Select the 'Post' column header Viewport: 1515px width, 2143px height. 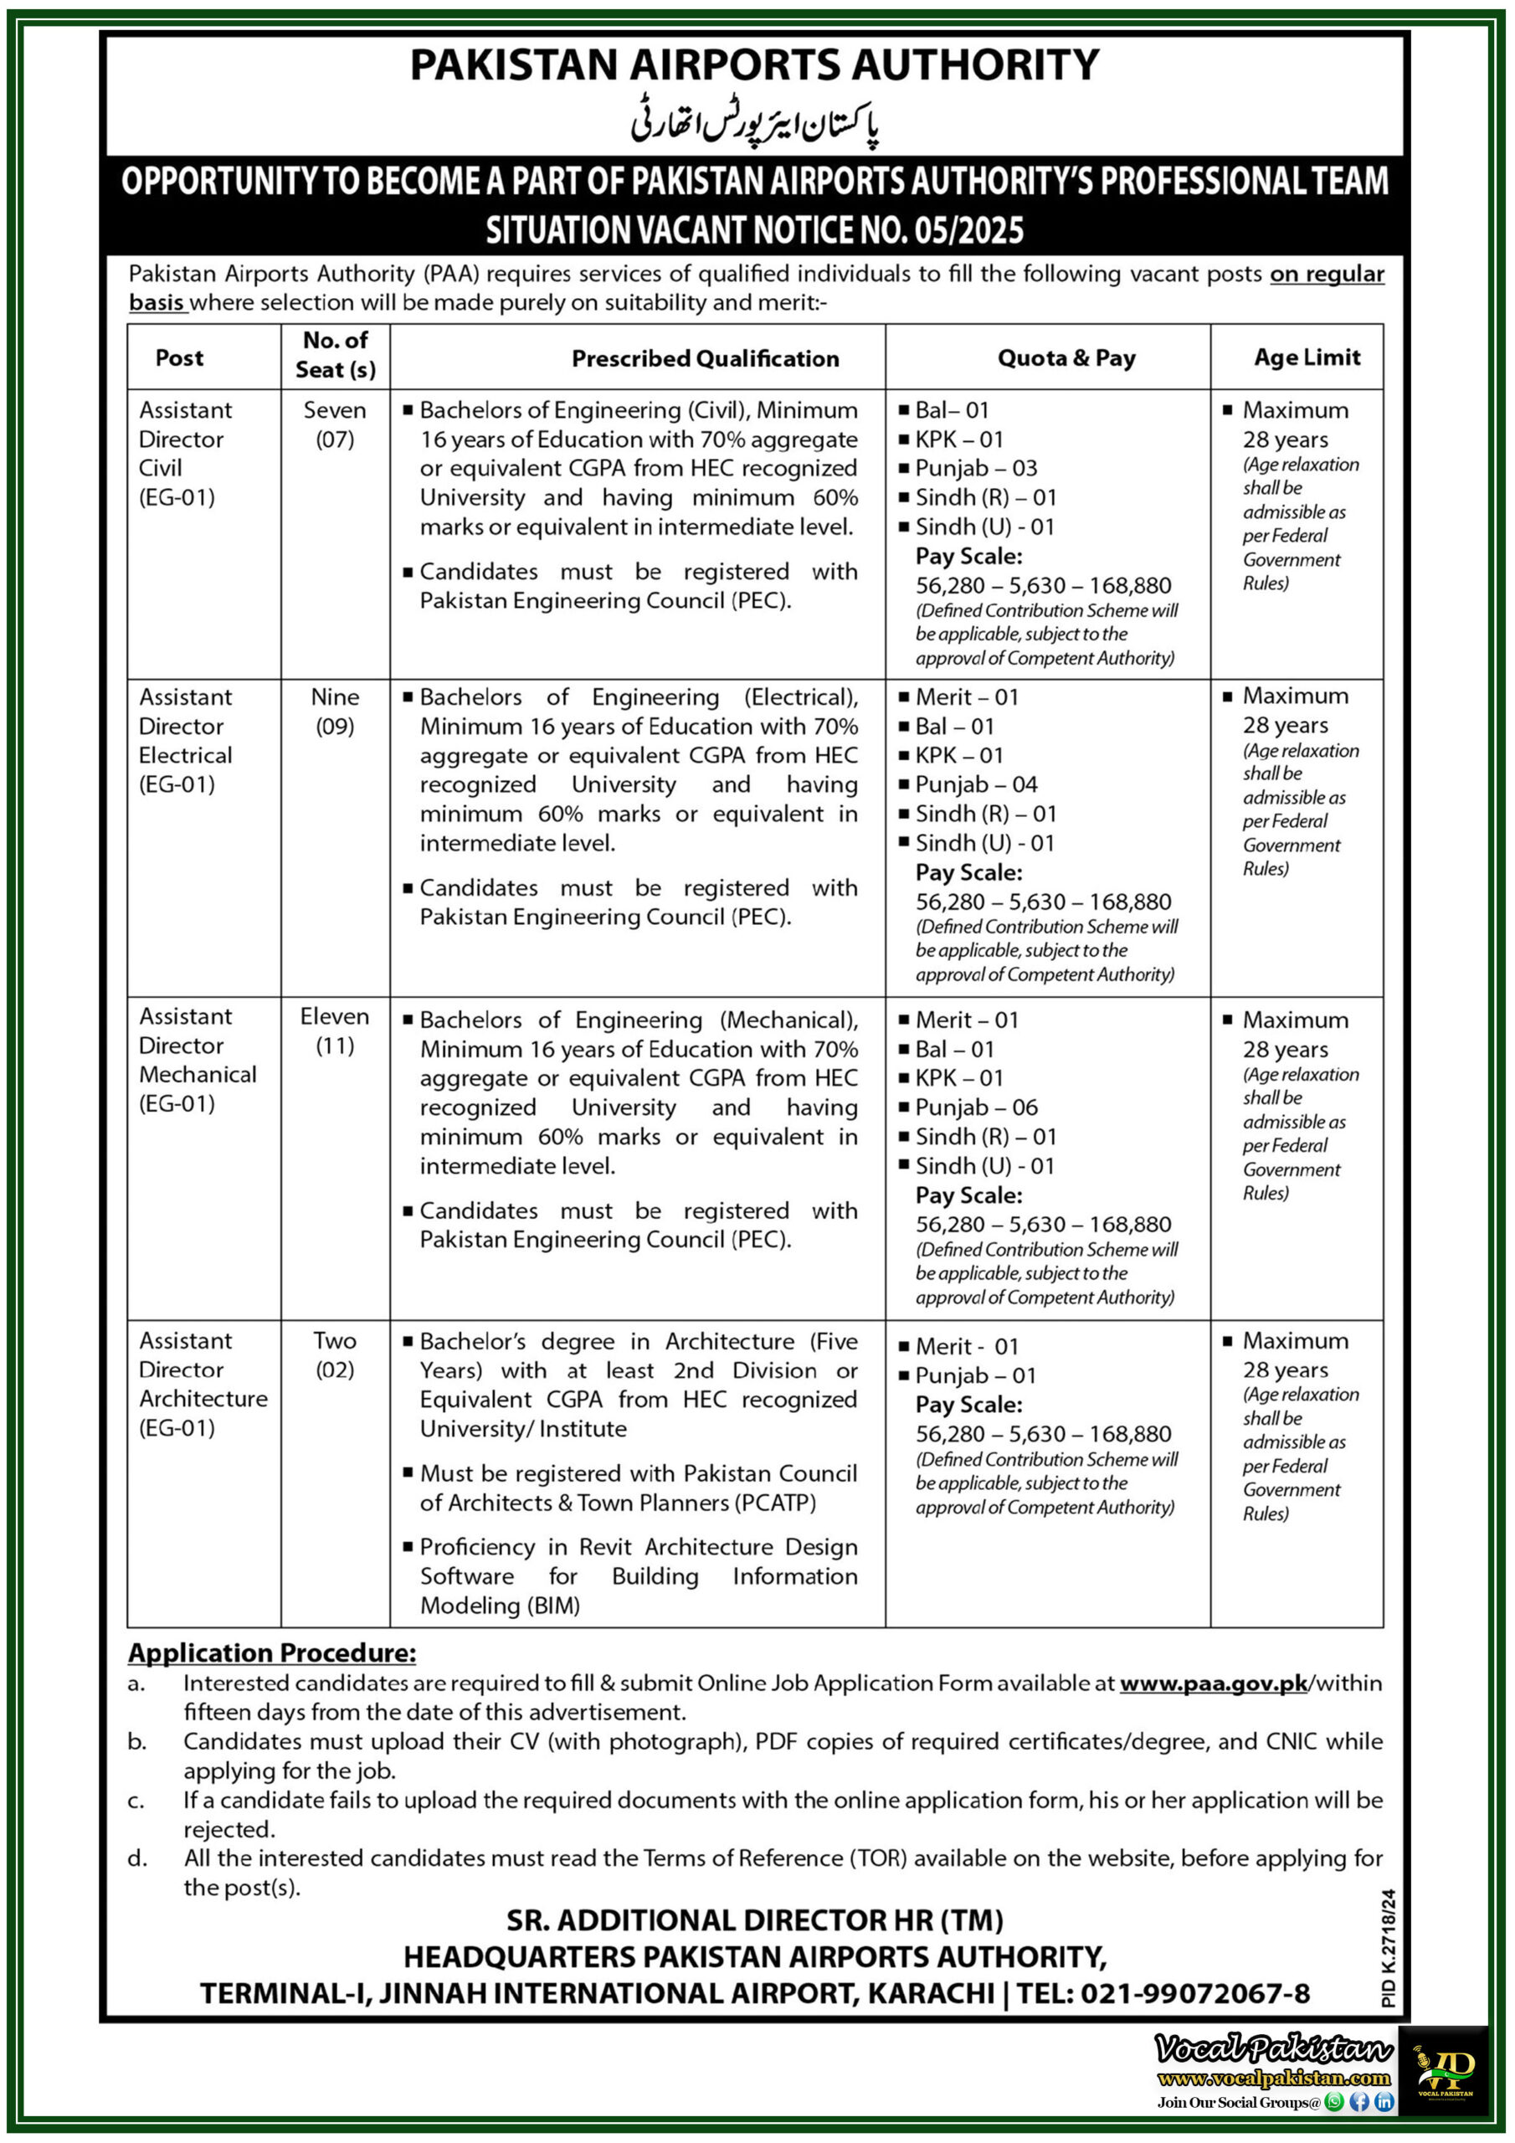click(x=179, y=357)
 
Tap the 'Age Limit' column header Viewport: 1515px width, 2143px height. click(x=1306, y=357)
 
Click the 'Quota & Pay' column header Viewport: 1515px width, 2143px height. click(x=1066, y=357)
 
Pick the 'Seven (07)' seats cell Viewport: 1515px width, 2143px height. click(x=335, y=424)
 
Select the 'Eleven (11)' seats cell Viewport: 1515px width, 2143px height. click(x=335, y=1030)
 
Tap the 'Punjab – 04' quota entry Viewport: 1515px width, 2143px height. click(x=975, y=784)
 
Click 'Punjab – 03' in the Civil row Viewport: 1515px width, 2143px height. click(x=975, y=468)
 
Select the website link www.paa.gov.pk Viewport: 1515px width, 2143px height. click(x=1213, y=1683)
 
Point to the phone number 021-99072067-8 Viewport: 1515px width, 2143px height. click(x=1194, y=1994)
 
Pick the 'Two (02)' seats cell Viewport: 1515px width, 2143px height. click(x=335, y=1354)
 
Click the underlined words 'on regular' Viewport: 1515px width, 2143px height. click(x=1327, y=274)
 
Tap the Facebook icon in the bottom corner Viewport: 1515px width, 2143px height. click(x=1359, y=2102)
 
